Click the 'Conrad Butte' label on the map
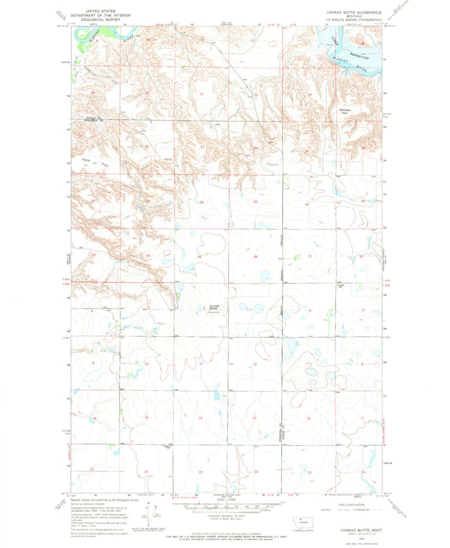214,307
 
